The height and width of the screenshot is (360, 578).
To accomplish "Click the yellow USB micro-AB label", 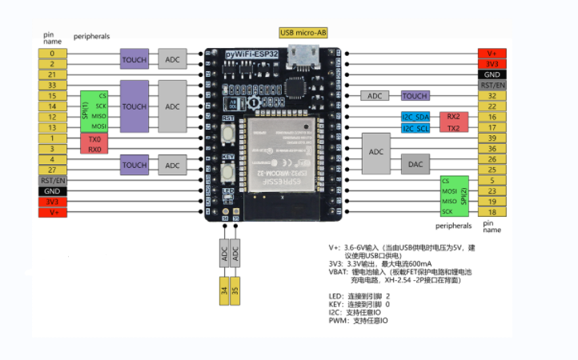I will point(303,33).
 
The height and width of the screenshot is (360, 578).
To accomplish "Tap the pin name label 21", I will point(52,74).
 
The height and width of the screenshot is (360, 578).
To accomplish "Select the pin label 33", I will point(52,85).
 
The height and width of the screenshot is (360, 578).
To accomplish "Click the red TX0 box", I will point(94,138).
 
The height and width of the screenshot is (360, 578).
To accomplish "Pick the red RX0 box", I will point(94,149).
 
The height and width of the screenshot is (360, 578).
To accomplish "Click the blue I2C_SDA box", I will point(415,117).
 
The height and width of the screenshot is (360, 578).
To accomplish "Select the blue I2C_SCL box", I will point(415,128).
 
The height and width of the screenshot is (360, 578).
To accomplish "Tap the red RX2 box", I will point(453,117).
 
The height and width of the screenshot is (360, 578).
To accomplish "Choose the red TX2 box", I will point(453,128).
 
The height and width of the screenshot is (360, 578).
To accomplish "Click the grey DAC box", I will point(415,164).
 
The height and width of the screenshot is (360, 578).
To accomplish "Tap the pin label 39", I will point(492,138).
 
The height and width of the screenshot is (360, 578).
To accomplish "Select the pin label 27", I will point(52,170).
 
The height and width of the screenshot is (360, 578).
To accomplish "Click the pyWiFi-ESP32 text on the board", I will point(250,54).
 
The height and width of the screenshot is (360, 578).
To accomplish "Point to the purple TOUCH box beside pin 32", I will point(415,95).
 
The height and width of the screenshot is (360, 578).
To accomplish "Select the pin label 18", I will point(492,213).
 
